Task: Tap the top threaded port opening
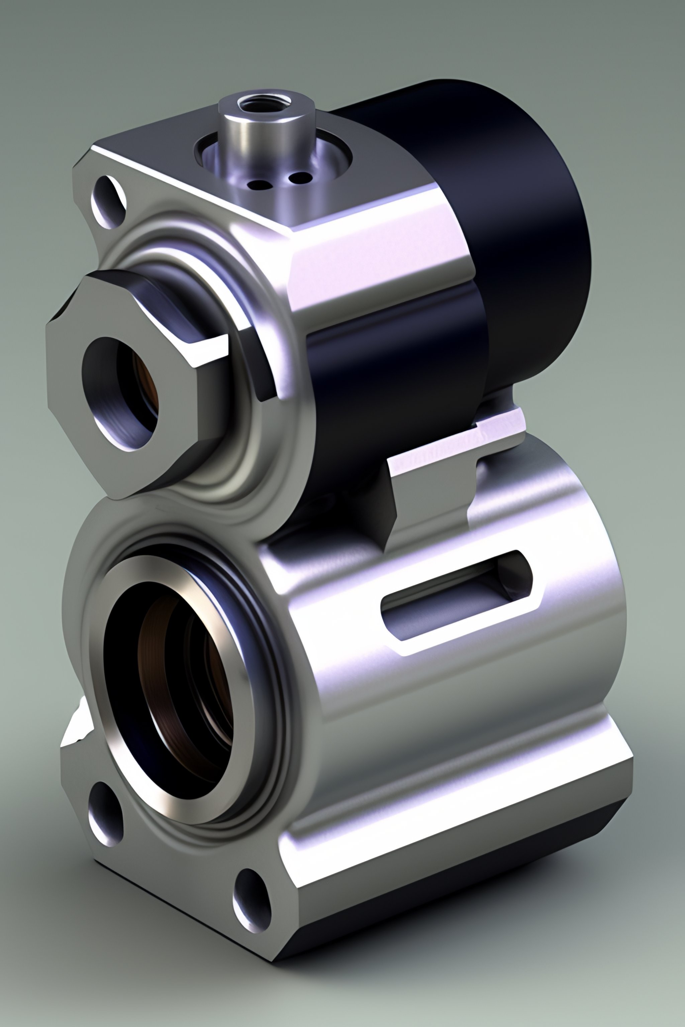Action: point(265,104)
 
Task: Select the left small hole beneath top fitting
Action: point(259,185)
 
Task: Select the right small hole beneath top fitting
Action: point(299,177)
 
